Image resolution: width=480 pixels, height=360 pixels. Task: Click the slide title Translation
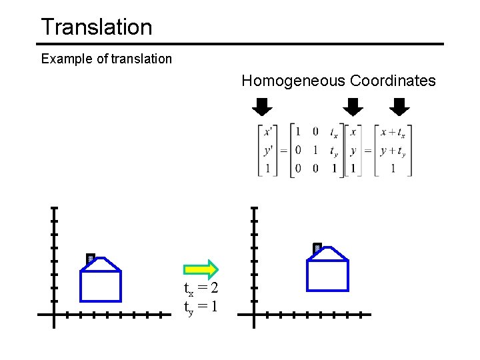[97, 27]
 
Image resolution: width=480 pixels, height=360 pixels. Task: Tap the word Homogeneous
[293, 81]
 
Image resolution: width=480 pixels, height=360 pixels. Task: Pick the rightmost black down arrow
[399, 106]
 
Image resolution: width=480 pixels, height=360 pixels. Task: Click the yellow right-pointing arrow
[201, 269]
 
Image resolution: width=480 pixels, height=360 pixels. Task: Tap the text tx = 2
[201, 289]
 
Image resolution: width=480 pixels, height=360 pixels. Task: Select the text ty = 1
[201, 307]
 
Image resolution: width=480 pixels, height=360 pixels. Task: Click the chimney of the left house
[90, 258]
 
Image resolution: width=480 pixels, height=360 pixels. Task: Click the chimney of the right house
[317, 248]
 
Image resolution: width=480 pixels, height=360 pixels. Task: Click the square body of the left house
[101, 286]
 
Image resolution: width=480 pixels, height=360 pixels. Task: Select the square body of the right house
[327, 275]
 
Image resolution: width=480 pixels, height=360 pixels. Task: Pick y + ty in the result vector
[393, 151]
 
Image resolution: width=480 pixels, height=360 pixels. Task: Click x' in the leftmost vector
[267, 132]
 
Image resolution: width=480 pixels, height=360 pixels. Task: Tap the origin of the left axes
[54, 314]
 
